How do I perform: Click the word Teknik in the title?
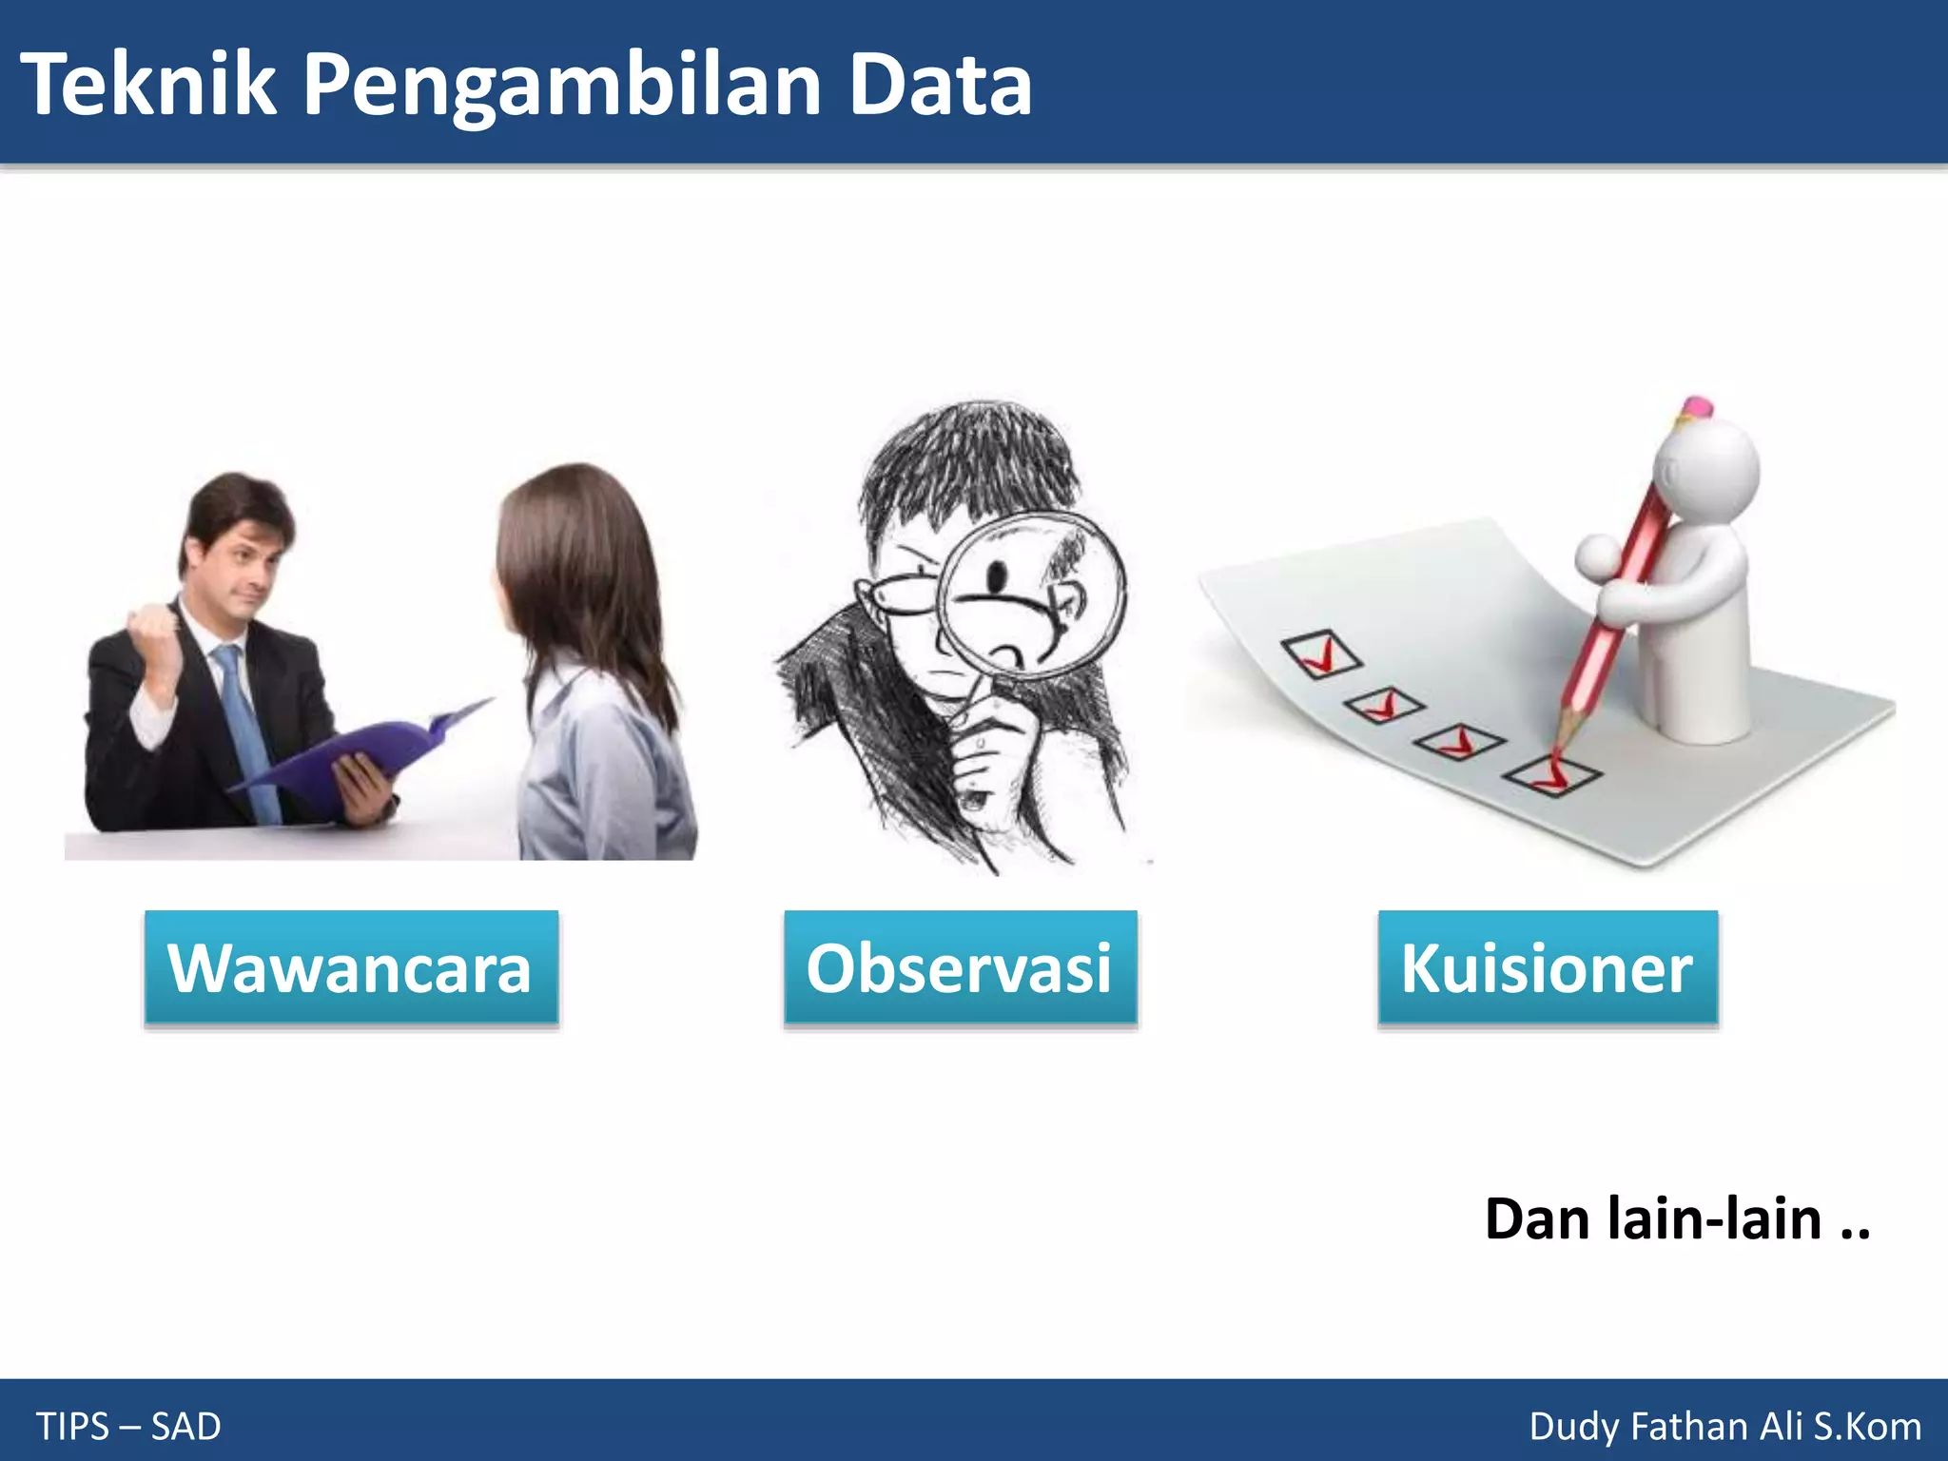click(x=147, y=86)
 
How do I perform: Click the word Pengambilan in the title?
click(x=561, y=86)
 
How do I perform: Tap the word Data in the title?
click(x=940, y=86)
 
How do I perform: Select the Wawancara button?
click(x=351, y=967)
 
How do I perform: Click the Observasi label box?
click(x=960, y=967)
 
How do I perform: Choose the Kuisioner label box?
click(x=1548, y=967)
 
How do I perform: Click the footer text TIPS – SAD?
click(x=128, y=1427)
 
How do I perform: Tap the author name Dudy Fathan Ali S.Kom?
click(x=1724, y=1427)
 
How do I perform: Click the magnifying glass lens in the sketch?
click(x=1032, y=594)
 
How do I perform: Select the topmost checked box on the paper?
click(x=1321, y=653)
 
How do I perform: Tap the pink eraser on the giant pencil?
click(x=1696, y=407)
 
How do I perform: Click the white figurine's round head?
click(x=1707, y=471)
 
